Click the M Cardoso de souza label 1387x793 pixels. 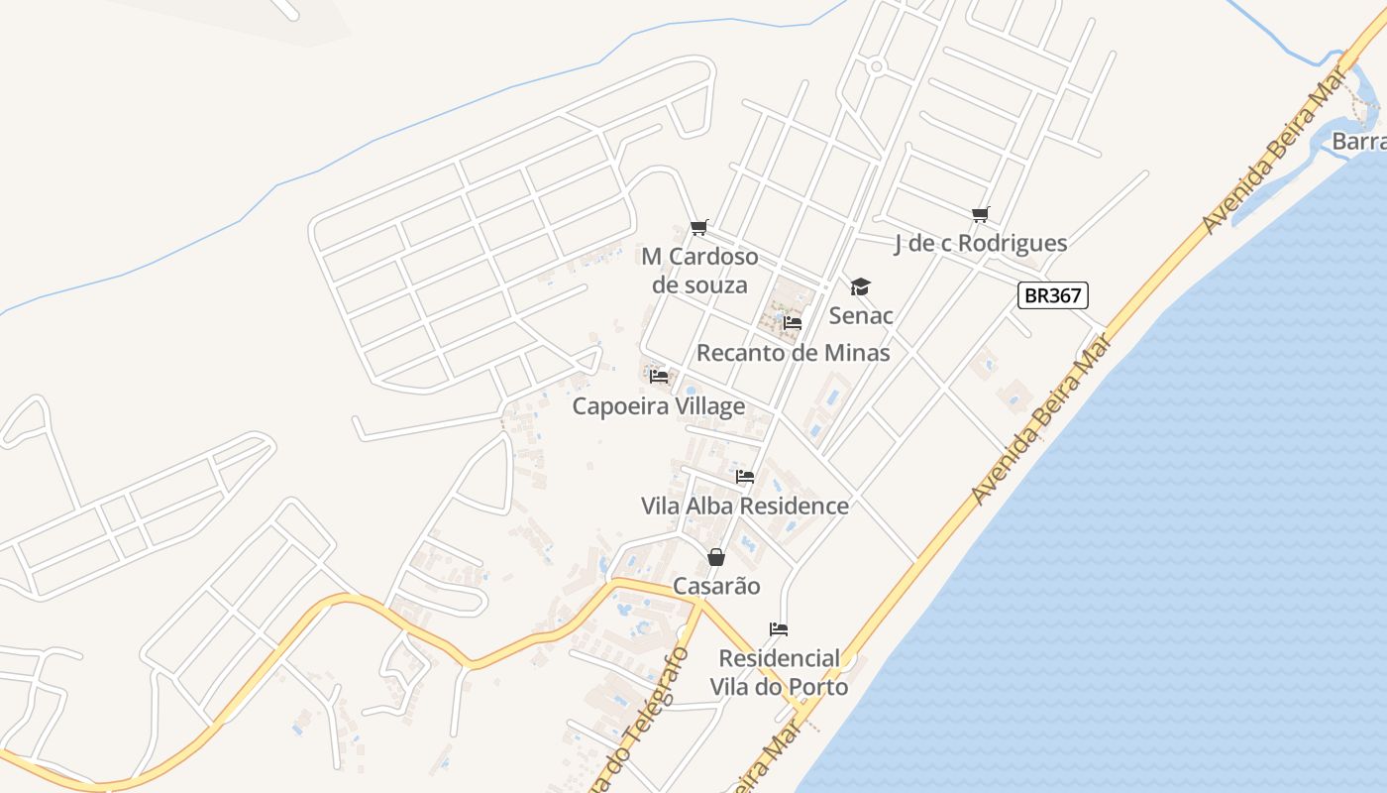(x=699, y=271)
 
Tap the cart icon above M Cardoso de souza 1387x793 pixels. (x=699, y=227)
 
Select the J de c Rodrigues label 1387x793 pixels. (x=980, y=243)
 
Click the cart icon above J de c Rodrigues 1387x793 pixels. (x=981, y=214)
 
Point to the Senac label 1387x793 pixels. (x=861, y=315)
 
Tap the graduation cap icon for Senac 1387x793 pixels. (x=860, y=287)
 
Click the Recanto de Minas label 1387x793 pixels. (x=793, y=353)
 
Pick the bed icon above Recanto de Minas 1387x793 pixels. (x=792, y=323)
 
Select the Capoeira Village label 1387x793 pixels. (x=659, y=406)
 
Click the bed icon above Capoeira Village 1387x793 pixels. (x=659, y=377)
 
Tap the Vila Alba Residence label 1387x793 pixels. (x=745, y=506)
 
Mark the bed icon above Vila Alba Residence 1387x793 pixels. (x=745, y=477)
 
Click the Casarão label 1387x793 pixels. (x=716, y=586)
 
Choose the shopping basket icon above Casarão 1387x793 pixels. (x=716, y=558)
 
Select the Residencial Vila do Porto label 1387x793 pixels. (x=779, y=672)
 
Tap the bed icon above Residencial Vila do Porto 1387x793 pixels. (x=779, y=629)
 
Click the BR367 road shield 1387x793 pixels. (x=1053, y=294)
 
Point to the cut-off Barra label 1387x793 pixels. (x=1358, y=141)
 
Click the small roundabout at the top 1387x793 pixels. (x=876, y=67)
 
